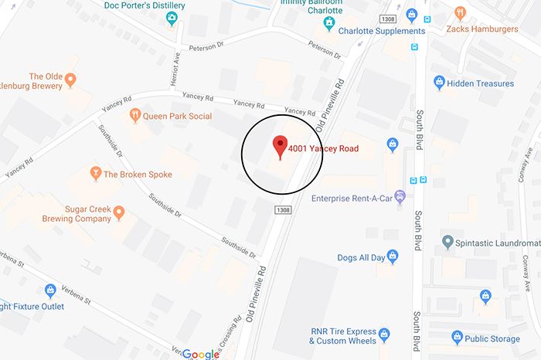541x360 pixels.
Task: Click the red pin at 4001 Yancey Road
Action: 280,144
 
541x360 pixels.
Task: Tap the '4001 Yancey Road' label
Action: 323,148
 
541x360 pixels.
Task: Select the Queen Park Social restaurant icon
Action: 135,116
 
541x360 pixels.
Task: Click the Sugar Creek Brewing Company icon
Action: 118,211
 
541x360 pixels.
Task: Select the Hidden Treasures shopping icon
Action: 440,82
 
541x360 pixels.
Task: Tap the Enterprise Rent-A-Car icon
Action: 400,198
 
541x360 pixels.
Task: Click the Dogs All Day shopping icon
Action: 392,255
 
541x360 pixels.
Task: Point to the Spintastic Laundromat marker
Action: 447,243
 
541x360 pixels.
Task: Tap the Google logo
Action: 201,354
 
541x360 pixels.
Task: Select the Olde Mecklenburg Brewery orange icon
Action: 70,79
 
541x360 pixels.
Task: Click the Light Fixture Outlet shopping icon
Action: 50,290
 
